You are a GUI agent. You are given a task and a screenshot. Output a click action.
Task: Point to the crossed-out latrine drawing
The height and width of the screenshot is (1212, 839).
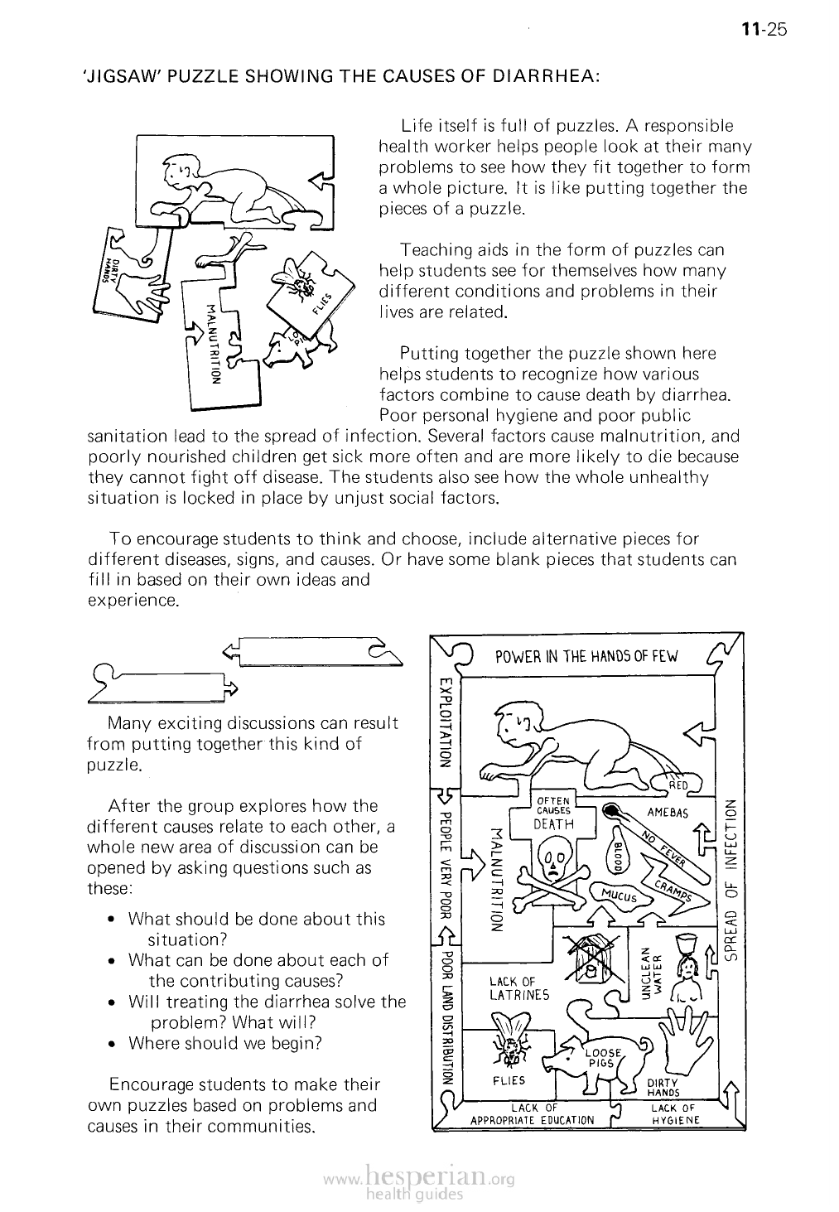(x=591, y=959)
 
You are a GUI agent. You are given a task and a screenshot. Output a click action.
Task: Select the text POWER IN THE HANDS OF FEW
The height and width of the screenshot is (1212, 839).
(x=586, y=657)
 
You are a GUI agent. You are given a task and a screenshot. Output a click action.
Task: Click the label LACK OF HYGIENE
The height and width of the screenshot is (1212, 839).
(x=676, y=1113)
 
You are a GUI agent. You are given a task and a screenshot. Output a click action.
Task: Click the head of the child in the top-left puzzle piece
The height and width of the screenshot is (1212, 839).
(x=176, y=172)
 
